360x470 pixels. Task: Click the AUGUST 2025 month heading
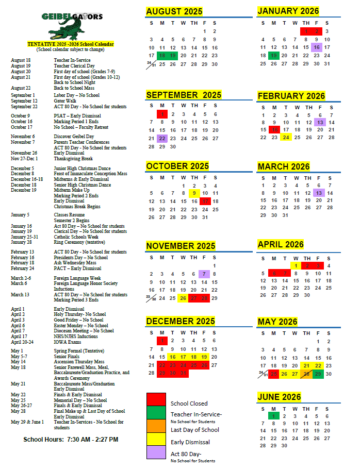pos(174,11)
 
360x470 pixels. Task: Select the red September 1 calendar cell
pos(162,114)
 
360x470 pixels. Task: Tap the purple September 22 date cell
pos(162,138)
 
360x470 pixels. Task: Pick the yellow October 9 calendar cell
pos(193,194)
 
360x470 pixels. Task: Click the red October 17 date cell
pos(205,202)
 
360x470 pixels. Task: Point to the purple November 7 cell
pos(204,274)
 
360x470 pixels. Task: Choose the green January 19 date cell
pos(273,56)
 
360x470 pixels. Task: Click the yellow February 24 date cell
pos(285,138)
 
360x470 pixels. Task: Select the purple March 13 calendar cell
pos(319,193)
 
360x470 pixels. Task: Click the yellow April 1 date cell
pos(296,266)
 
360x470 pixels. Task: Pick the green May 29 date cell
pos(318,374)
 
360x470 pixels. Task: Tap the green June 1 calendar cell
pos(274,416)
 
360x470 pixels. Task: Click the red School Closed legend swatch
pos(156,400)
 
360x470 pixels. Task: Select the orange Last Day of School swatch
pos(156,426)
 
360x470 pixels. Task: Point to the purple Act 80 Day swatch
pos(156,452)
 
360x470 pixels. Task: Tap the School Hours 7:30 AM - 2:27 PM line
pos(71,440)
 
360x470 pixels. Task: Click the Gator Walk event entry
pos(65,101)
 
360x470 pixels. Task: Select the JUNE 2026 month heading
pos(279,397)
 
